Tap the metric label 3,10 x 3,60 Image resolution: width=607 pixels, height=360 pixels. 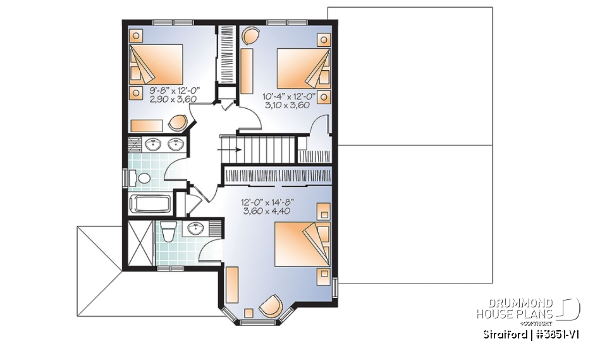click(286, 106)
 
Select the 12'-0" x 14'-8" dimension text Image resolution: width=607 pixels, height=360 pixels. click(269, 202)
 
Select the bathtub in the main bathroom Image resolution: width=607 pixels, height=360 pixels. click(149, 204)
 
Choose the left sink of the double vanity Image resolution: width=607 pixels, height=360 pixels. click(152, 146)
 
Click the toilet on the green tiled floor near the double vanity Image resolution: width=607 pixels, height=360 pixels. click(142, 178)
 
